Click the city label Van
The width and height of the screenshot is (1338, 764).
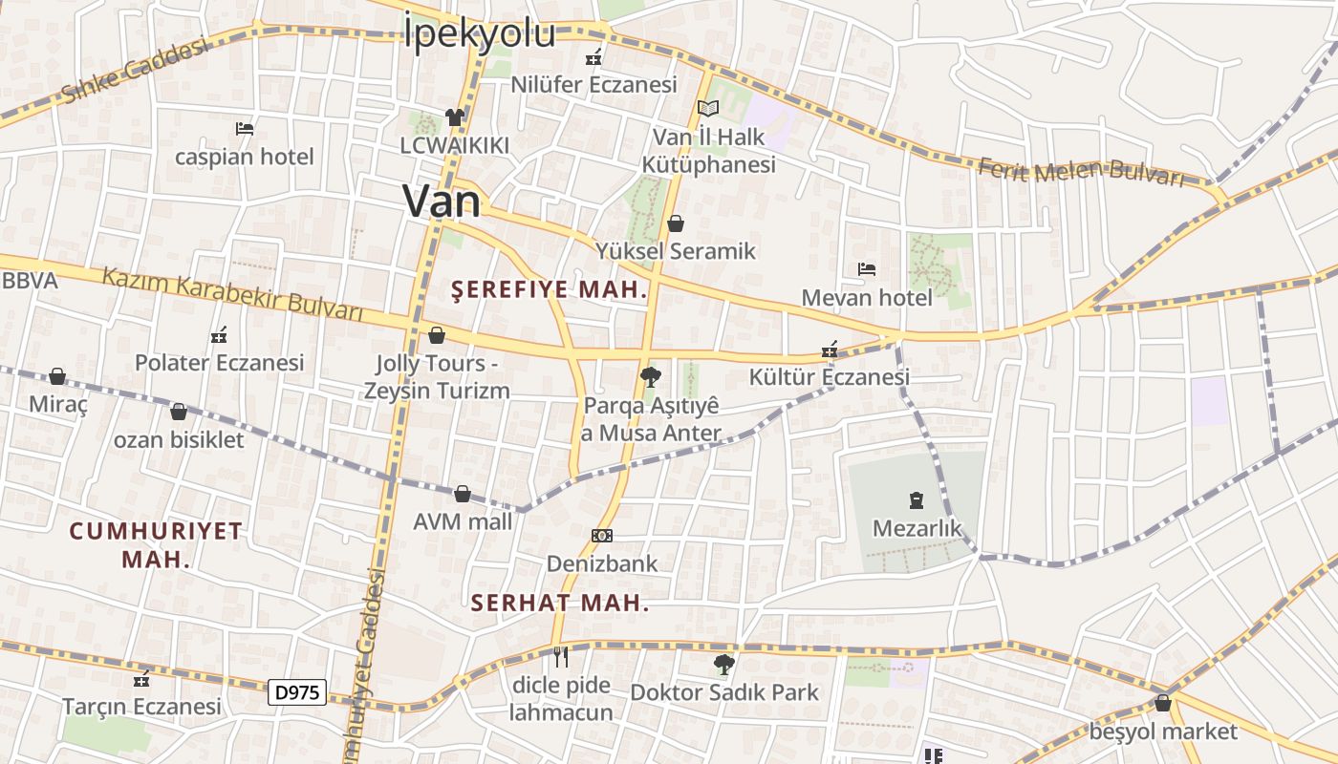pyautogui.click(x=442, y=201)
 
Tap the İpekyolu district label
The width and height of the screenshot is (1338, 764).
pyautogui.click(x=479, y=32)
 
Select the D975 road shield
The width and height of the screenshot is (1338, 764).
pyautogui.click(x=297, y=692)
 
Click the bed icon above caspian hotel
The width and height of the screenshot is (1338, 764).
pyautogui.click(x=245, y=128)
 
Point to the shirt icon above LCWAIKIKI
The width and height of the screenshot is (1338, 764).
pyautogui.click(x=454, y=117)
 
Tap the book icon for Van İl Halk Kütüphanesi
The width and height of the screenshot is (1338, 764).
pyautogui.click(x=707, y=109)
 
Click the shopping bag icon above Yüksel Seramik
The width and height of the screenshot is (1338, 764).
pyautogui.click(x=676, y=223)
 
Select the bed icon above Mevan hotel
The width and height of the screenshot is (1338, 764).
pyautogui.click(x=867, y=269)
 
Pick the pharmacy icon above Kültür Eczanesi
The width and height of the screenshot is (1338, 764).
pyautogui.click(x=830, y=350)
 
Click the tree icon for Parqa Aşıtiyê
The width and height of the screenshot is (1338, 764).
pyautogui.click(x=651, y=376)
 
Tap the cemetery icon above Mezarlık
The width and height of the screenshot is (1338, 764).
pyautogui.click(x=917, y=499)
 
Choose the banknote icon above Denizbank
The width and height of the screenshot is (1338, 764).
pyautogui.click(x=602, y=536)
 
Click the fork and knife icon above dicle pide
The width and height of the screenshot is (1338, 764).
pyautogui.click(x=561, y=656)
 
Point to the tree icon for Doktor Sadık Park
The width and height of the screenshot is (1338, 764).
pyautogui.click(x=724, y=664)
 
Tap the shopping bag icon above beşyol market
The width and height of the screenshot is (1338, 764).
pyautogui.click(x=1163, y=704)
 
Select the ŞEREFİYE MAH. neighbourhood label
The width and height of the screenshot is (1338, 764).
pyautogui.click(x=550, y=290)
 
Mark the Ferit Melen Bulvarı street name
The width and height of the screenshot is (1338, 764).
pyautogui.click(x=1080, y=172)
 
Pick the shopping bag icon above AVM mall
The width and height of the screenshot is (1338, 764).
pyautogui.click(x=463, y=494)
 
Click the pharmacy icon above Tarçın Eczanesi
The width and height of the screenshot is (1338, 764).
pyautogui.click(x=141, y=679)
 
